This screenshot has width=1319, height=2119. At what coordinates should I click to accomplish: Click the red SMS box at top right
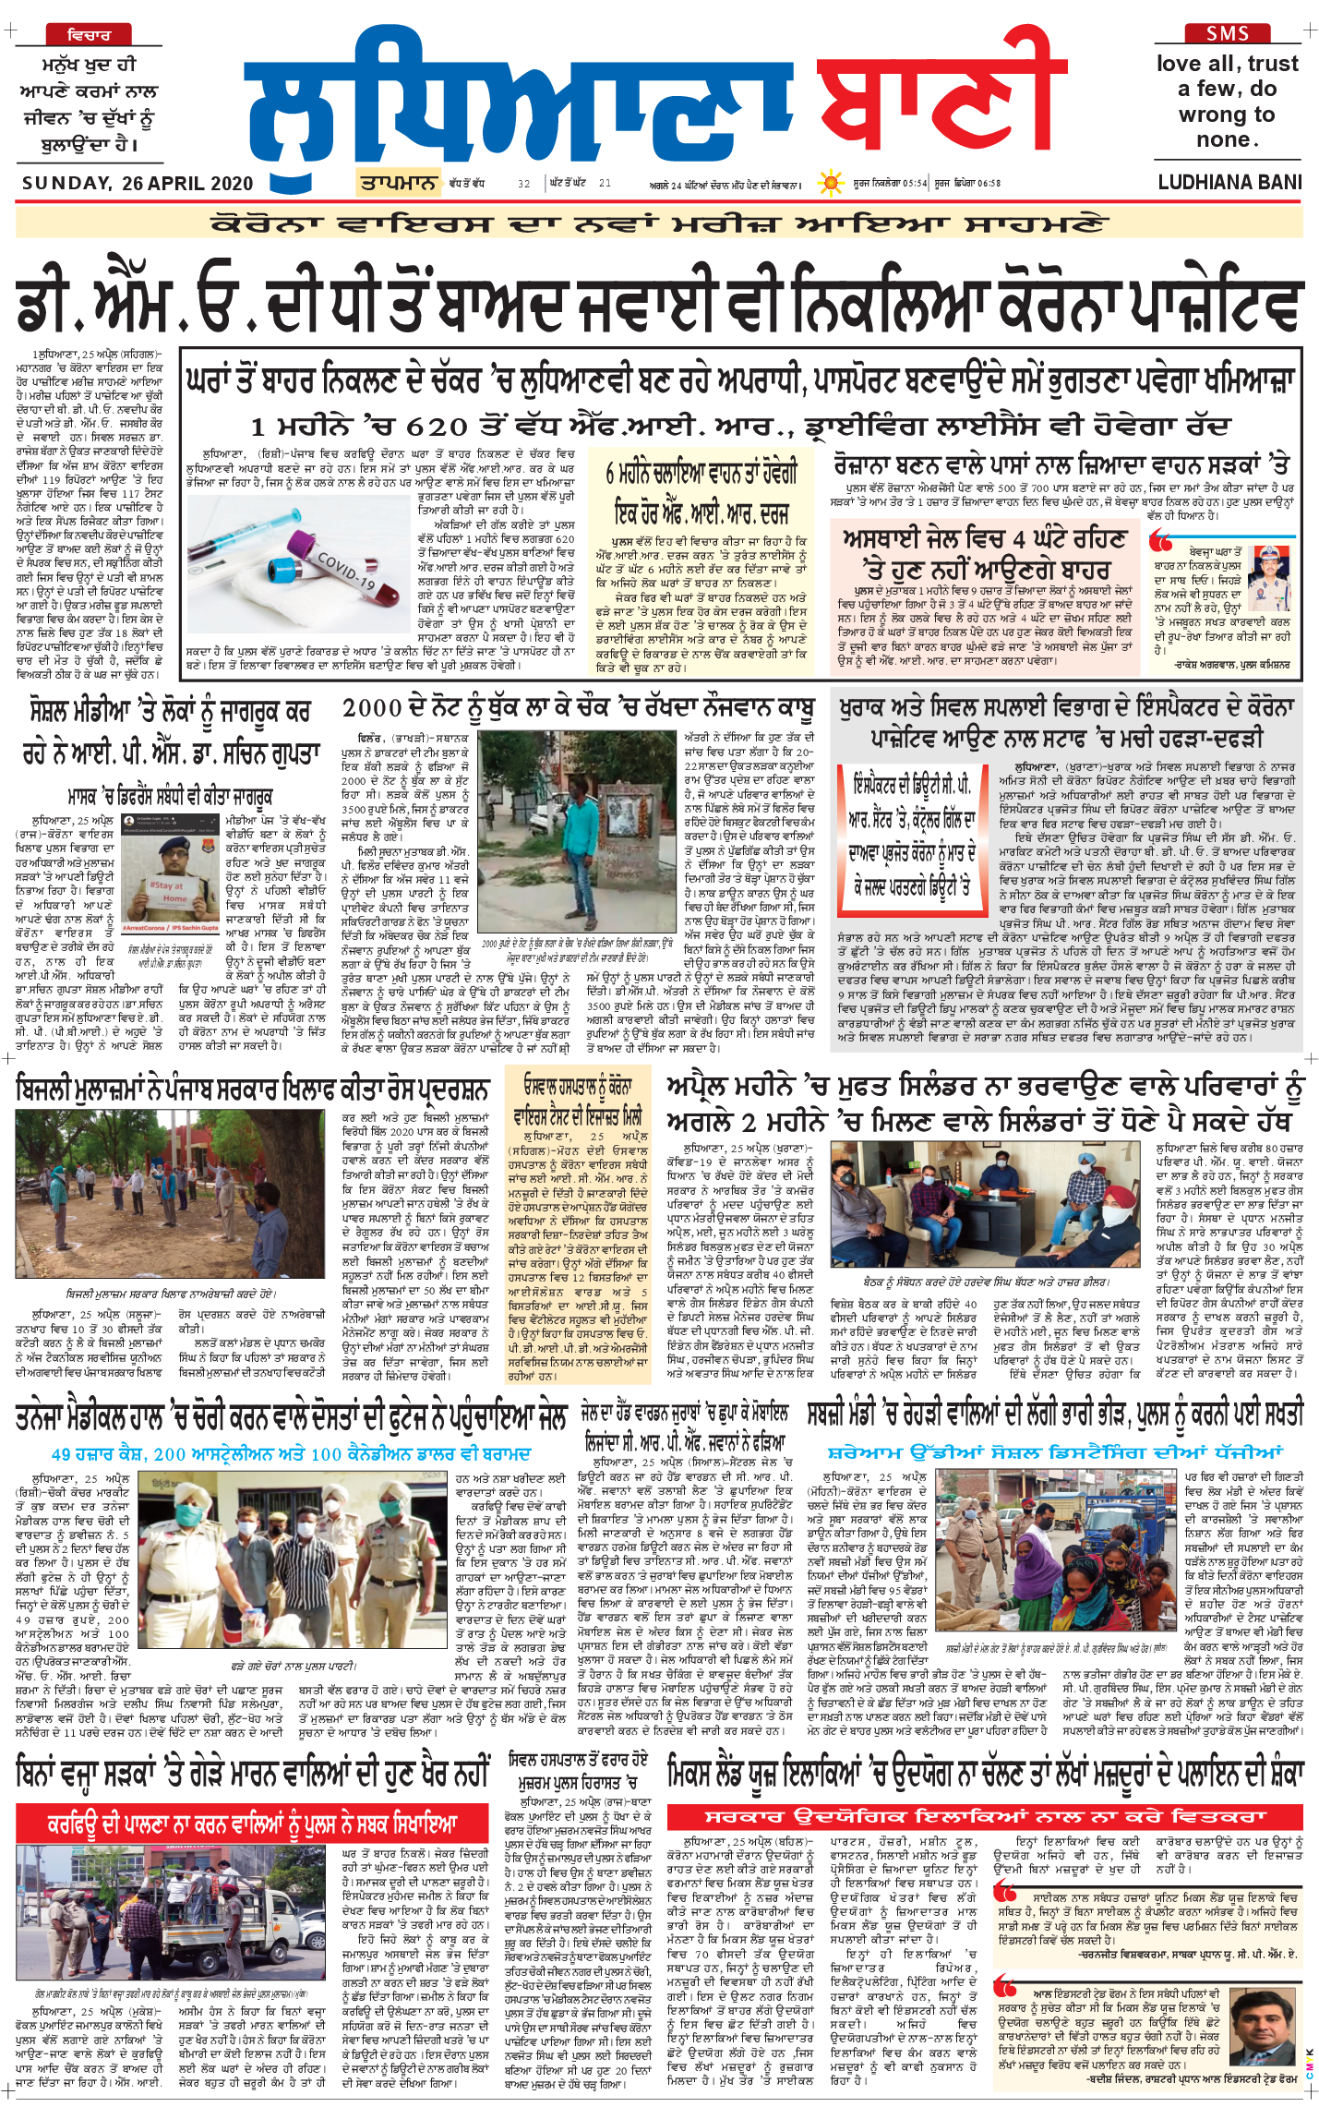pos(1227,33)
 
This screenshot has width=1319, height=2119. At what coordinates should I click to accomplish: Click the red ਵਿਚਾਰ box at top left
pos(89,35)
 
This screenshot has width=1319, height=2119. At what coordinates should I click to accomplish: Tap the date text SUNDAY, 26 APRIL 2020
pos(138,183)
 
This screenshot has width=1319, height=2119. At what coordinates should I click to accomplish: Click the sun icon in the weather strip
pos(832,182)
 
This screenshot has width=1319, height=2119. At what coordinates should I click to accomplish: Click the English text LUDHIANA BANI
pos(1229,182)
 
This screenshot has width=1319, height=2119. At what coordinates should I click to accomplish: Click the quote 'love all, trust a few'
pos(1227,102)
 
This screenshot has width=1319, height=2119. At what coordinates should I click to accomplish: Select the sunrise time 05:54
pos(915,183)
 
